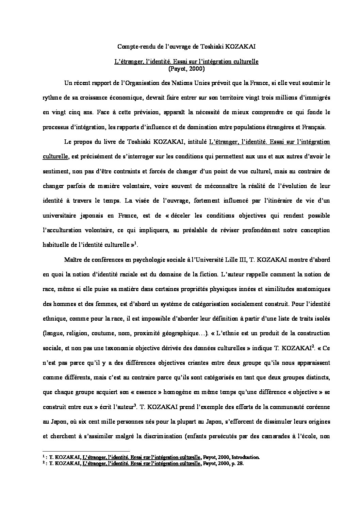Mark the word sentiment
[55, 171]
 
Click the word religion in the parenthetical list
[79, 333]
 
